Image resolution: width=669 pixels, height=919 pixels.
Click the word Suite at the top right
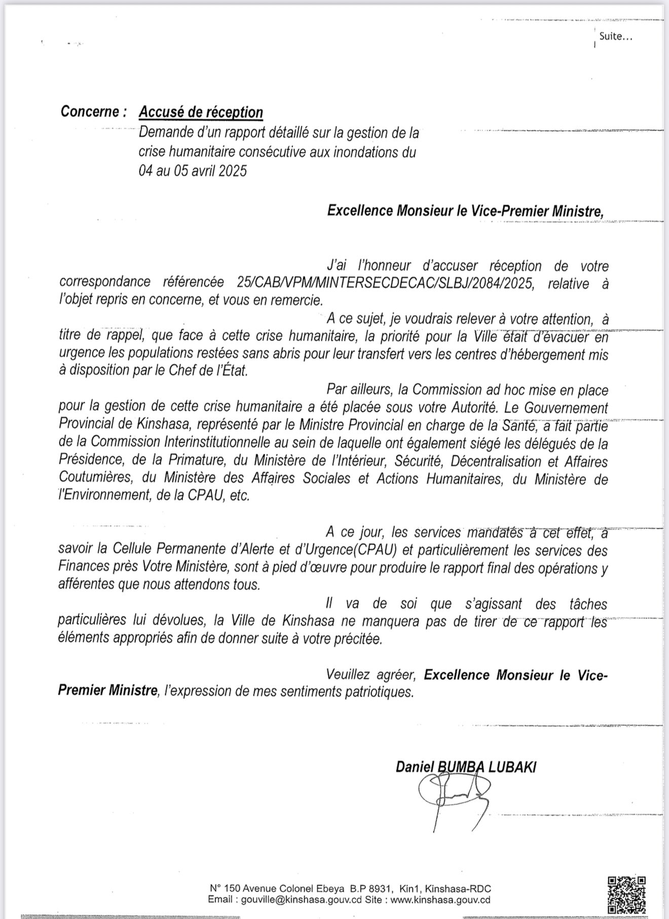[612, 36]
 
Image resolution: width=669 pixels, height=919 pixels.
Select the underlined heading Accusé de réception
[201, 112]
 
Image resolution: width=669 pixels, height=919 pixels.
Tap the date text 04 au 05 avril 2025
[193, 171]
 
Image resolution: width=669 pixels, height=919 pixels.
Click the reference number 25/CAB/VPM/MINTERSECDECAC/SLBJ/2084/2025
[385, 283]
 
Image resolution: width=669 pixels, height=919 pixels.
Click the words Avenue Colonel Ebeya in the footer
[287, 889]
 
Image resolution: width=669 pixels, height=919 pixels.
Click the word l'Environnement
[104, 495]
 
